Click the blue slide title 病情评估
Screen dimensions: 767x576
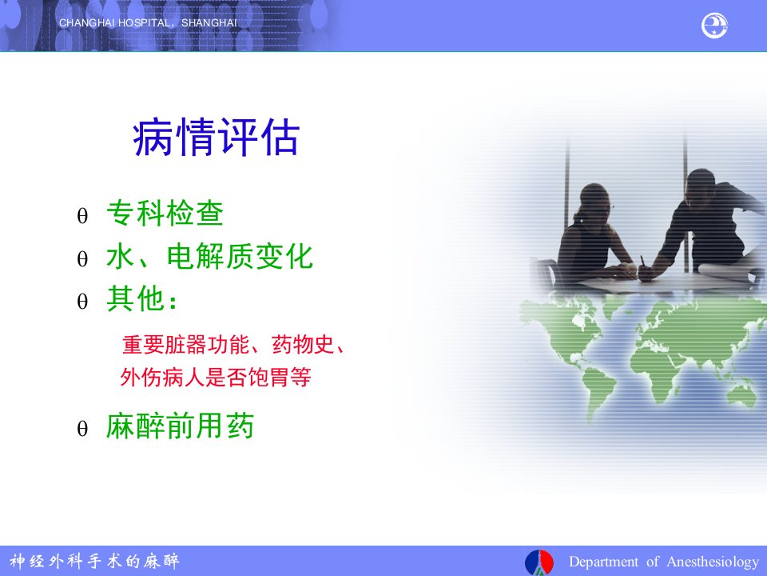click(x=216, y=137)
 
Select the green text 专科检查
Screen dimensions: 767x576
click(x=165, y=213)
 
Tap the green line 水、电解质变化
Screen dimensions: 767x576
click(x=209, y=256)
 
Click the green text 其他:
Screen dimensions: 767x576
click(x=141, y=298)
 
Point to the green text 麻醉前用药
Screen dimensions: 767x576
click(x=180, y=426)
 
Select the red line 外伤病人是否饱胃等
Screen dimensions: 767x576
click(x=216, y=377)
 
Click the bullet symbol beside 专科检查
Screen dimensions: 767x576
click(x=82, y=215)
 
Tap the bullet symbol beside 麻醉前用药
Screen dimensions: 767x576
click(x=82, y=429)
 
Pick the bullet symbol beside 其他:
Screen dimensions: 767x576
click(x=82, y=301)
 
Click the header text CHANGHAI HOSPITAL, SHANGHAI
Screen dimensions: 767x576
click(x=148, y=23)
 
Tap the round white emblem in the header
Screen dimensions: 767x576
click(x=714, y=26)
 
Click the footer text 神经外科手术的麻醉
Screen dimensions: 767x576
click(x=94, y=561)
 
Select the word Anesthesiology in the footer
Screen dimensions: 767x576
click(x=713, y=562)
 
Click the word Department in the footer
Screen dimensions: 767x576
click(x=603, y=562)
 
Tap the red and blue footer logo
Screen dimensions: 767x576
click(x=539, y=562)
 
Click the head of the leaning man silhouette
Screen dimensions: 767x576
click(x=701, y=187)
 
